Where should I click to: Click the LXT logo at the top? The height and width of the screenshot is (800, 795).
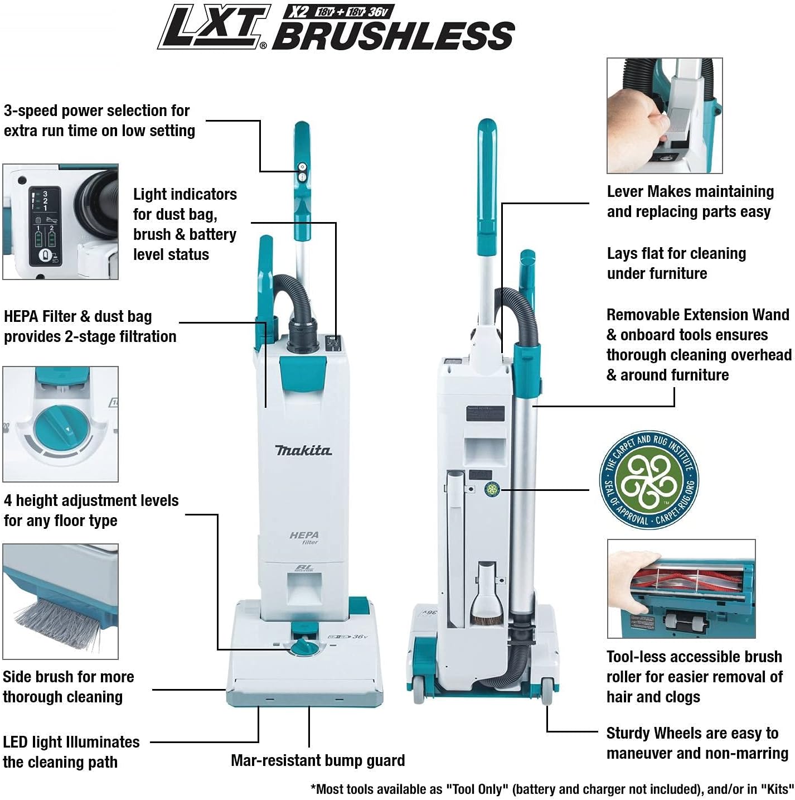pos(214,27)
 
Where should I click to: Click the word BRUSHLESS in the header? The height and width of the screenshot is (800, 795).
pos(394,36)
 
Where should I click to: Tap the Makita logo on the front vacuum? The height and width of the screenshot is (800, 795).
pos(303,450)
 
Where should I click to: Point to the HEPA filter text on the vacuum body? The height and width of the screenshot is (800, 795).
pos(304,537)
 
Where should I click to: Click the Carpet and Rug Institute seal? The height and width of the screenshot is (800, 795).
pos(649,480)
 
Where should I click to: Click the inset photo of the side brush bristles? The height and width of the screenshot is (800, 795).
pos(61,601)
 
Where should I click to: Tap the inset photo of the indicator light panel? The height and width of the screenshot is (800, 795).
pos(61,221)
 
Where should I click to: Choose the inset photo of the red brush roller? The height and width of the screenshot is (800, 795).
pos(681,589)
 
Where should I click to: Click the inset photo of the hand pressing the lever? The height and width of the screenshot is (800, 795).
pos(665,115)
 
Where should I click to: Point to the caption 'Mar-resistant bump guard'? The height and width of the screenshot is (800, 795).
pos(318,760)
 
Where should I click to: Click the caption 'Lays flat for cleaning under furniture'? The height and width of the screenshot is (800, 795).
pos(676,263)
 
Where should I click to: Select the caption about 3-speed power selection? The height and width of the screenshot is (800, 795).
pos(99,121)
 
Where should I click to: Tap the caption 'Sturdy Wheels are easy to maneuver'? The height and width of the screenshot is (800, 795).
pos(697,743)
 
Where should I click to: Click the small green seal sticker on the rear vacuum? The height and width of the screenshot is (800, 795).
pos(492,490)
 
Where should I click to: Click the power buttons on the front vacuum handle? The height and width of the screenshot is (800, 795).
pos(303,172)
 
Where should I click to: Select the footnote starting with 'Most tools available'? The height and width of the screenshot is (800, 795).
pos(552,789)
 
